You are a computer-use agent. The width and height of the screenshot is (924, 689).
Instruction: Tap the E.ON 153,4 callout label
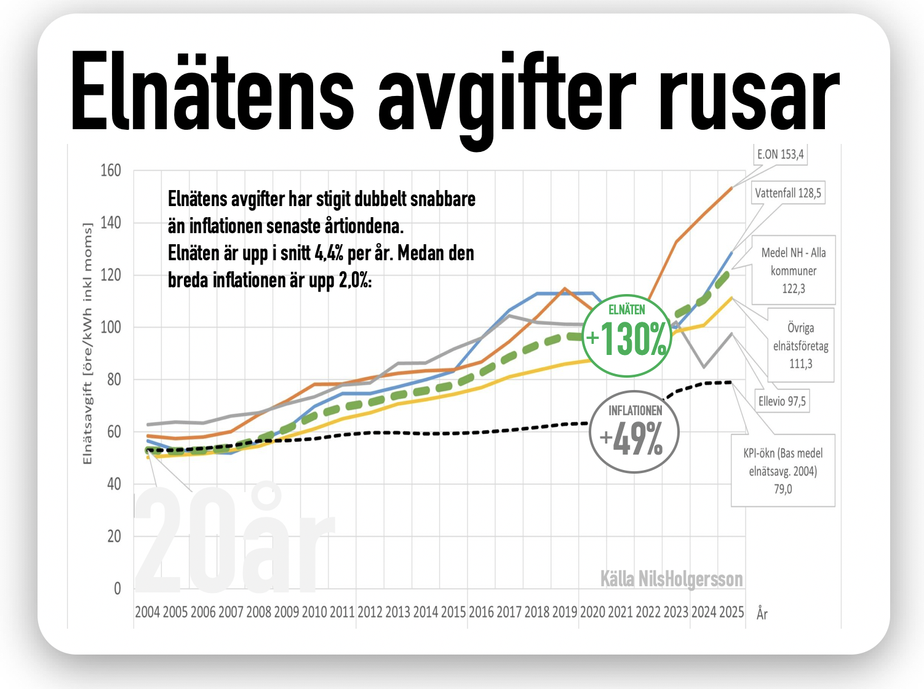[780, 154]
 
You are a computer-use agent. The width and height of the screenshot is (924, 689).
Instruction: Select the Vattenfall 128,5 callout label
[788, 193]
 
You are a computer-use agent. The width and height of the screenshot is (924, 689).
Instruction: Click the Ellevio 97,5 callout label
[782, 401]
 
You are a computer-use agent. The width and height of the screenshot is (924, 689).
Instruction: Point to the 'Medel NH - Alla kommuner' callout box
[794, 270]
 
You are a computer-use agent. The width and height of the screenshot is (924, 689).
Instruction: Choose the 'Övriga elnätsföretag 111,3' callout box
[800, 346]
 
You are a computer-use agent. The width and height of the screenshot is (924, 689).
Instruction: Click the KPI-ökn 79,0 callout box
[783, 471]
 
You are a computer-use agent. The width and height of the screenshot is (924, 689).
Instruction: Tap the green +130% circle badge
[626, 336]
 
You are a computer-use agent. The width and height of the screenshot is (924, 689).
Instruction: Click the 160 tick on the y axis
[111, 170]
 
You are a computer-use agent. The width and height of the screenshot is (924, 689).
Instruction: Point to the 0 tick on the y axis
[117, 589]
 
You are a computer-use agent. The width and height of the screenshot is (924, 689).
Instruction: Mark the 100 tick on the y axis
[111, 327]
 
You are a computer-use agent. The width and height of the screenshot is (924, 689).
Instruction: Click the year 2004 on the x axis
[147, 612]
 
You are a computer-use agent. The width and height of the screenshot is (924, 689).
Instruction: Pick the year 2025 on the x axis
[731, 612]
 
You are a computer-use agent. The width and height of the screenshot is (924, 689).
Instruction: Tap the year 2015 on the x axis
[453, 612]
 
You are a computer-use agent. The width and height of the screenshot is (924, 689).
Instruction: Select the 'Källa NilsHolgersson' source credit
[671, 579]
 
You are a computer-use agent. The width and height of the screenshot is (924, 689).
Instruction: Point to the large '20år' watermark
[234, 541]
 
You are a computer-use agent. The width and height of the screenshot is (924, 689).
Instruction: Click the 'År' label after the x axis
[762, 613]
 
